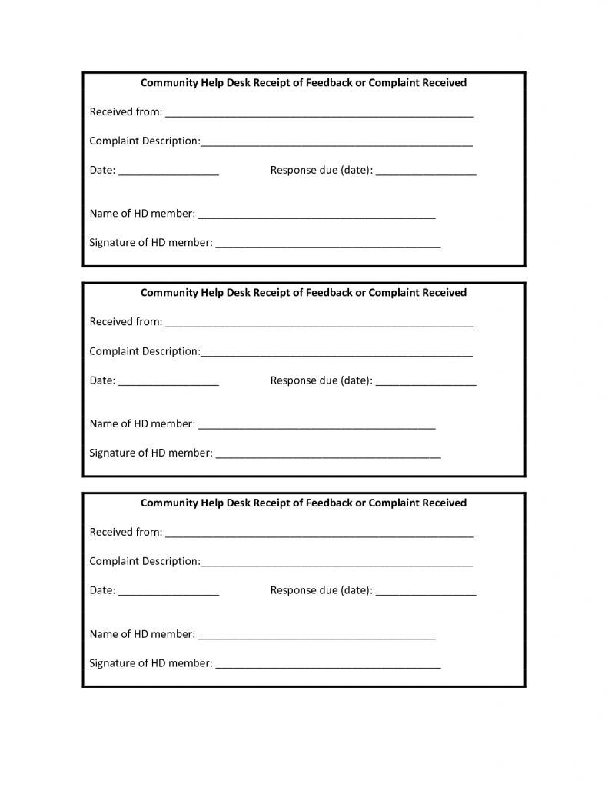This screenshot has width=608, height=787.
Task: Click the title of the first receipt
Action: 304,82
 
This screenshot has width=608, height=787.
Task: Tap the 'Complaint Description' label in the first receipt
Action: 145,141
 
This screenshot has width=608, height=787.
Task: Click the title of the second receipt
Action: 304,293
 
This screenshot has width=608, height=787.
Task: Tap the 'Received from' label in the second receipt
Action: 126,322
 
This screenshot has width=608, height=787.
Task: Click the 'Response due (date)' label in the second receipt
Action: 321,380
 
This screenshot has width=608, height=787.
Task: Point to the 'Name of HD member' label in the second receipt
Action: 142,423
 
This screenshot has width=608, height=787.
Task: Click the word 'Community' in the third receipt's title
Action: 168,503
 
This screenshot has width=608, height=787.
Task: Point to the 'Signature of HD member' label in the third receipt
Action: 151,663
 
